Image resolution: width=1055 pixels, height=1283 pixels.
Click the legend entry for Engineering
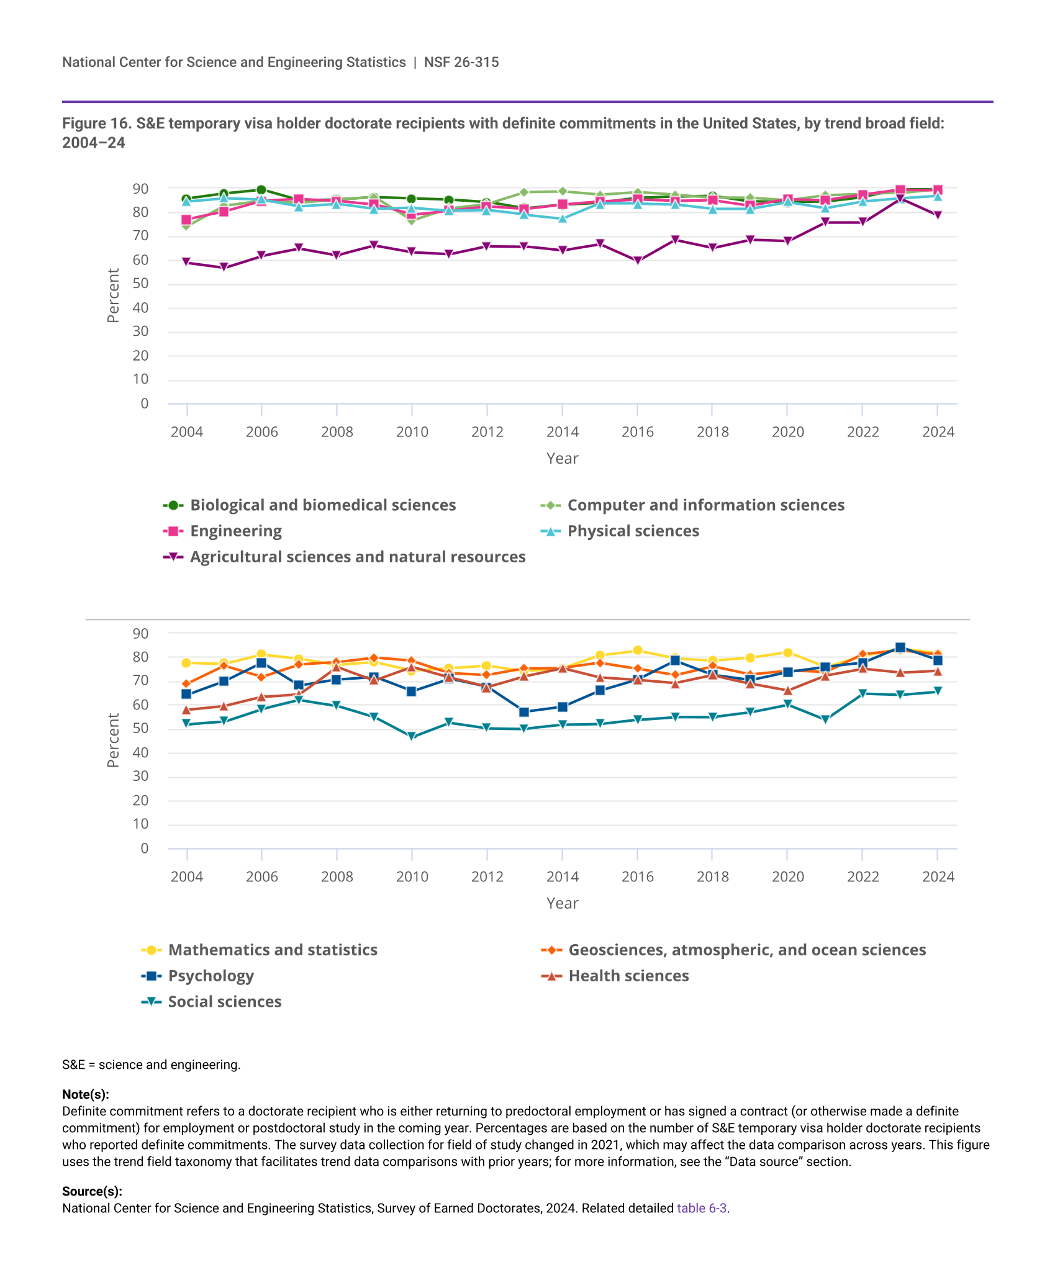click(x=235, y=531)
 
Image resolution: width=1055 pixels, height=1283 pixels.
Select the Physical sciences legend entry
click(x=633, y=531)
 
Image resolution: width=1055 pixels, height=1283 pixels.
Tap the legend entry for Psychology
click(x=211, y=976)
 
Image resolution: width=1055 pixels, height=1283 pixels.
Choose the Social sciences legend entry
click(x=224, y=1002)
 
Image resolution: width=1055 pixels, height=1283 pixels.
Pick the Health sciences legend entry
click(x=628, y=976)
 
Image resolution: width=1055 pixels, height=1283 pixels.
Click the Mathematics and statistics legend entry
click(x=273, y=950)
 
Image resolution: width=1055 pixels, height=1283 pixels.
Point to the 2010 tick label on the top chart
click(x=412, y=432)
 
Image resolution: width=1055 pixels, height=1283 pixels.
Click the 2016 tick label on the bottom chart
click(x=637, y=877)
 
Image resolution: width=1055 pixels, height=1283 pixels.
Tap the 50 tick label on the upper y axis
click(x=140, y=284)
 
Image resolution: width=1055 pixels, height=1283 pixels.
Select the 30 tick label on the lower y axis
click(x=140, y=777)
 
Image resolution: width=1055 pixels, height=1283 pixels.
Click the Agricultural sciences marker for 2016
click(x=637, y=261)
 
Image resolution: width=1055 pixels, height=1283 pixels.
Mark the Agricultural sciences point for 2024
click(x=938, y=215)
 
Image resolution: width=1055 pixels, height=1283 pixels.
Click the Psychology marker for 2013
click(x=524, y=712)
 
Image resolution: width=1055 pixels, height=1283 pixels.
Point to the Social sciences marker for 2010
click(x=412, y=737)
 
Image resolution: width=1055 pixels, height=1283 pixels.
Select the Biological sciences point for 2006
click(x=261, y=190)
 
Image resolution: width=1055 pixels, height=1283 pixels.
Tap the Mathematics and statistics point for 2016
click(x=637, y=651)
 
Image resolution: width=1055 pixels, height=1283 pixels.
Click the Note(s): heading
click(x=86, y=1094)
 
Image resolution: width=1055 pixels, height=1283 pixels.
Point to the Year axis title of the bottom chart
click(x=562, y=904)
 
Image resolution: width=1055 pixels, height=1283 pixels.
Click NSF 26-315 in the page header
click(x=461, y=62)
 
